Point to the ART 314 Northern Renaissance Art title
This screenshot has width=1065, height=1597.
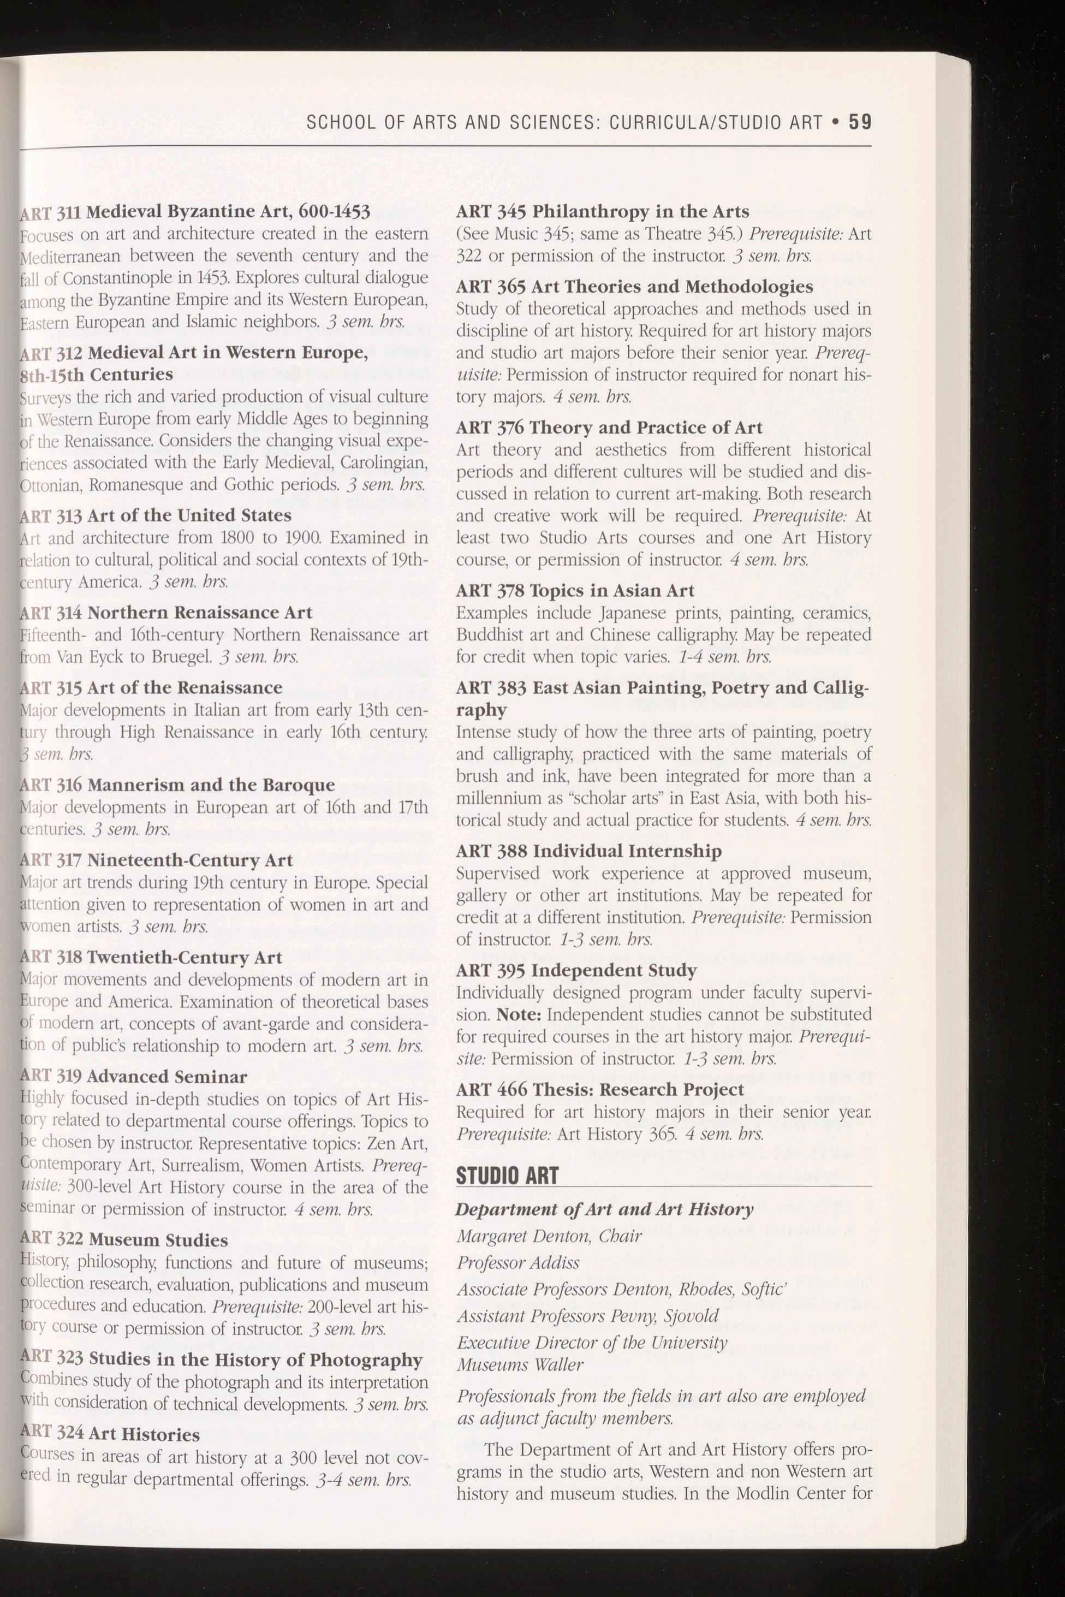pos(166,613)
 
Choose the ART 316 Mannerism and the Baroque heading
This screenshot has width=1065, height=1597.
pos(177,785)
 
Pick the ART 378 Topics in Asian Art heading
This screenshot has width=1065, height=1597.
pos(575,591)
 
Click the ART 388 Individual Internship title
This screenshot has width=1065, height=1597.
pos(589,851)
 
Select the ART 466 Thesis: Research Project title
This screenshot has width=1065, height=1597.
pos(600,1090)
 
